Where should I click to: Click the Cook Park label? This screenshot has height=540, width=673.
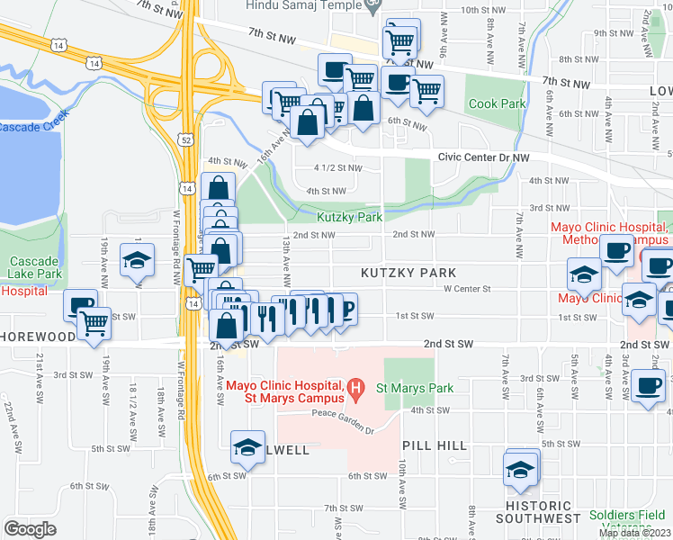[496, 103]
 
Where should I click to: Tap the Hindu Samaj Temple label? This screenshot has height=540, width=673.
[305, 5]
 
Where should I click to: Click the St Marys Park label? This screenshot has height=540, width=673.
[415, 388]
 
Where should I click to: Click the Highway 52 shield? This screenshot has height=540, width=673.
[185, 139]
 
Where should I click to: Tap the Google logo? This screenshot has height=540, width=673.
[30, 529]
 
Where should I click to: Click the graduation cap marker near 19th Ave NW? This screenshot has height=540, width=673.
[138, 259]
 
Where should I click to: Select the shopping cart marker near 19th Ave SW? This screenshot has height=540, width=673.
[94, 322]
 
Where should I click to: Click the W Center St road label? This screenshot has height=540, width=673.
[466, 290]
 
